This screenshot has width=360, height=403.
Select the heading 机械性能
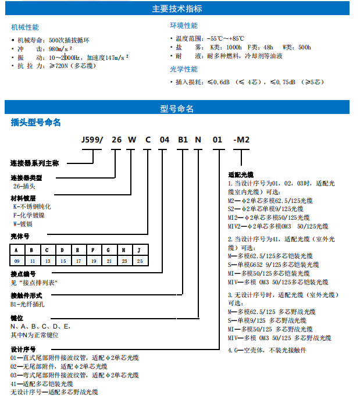click(26, 27)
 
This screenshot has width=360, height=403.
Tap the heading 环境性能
click(184, 26)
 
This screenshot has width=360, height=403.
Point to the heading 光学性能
click(184, 69)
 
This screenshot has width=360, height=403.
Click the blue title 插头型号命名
click(35, 123)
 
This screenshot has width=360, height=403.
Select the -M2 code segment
click(241, 140)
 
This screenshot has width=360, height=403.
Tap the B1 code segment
click(183, 140)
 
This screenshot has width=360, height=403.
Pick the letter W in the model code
click(132, 140)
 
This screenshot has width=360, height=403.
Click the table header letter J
click(139, 249)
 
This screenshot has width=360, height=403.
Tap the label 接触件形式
click(27, 296)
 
